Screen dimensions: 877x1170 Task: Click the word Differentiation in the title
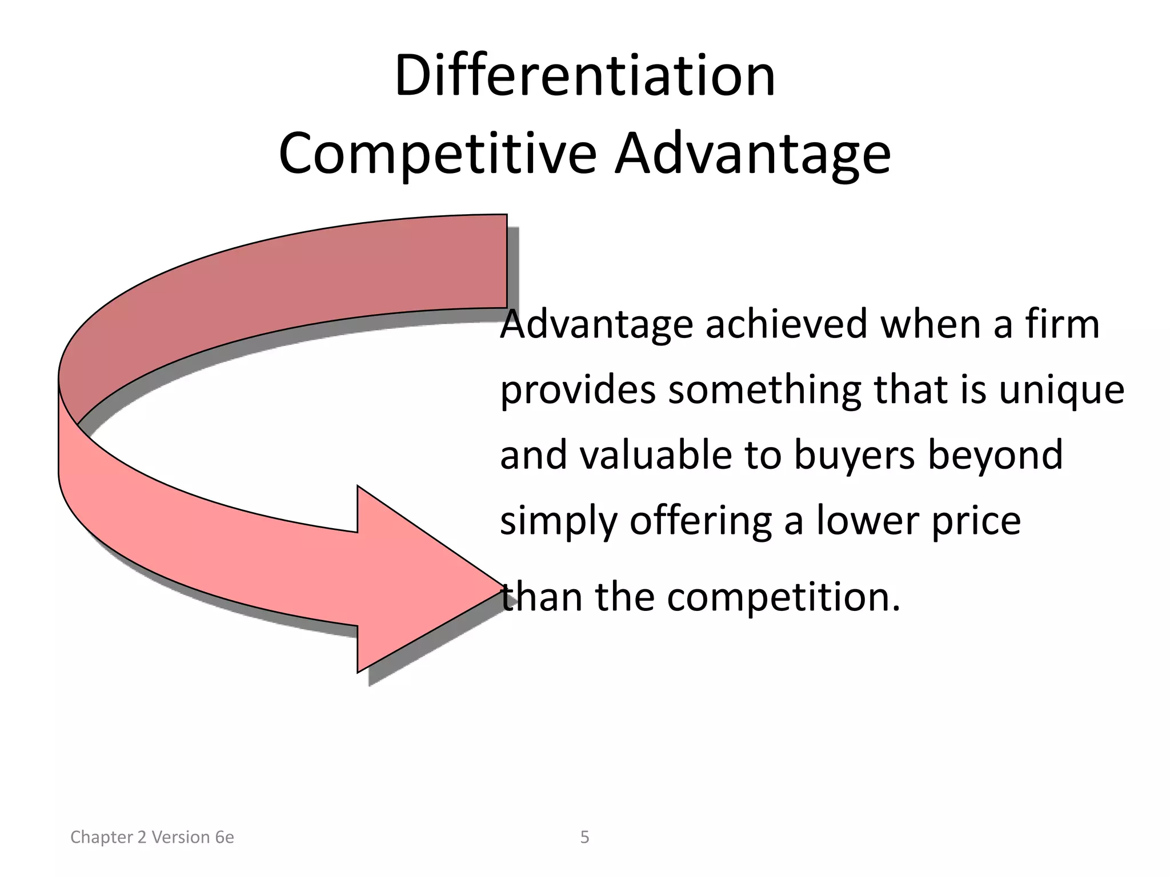coord(584,76)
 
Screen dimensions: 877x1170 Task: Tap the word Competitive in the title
coord(438,154)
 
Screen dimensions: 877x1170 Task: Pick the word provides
coord(578,391)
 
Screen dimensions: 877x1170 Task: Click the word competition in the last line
coord(783,597)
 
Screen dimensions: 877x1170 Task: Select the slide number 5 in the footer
coord(584,837)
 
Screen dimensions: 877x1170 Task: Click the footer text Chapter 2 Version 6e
coord(152,837)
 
